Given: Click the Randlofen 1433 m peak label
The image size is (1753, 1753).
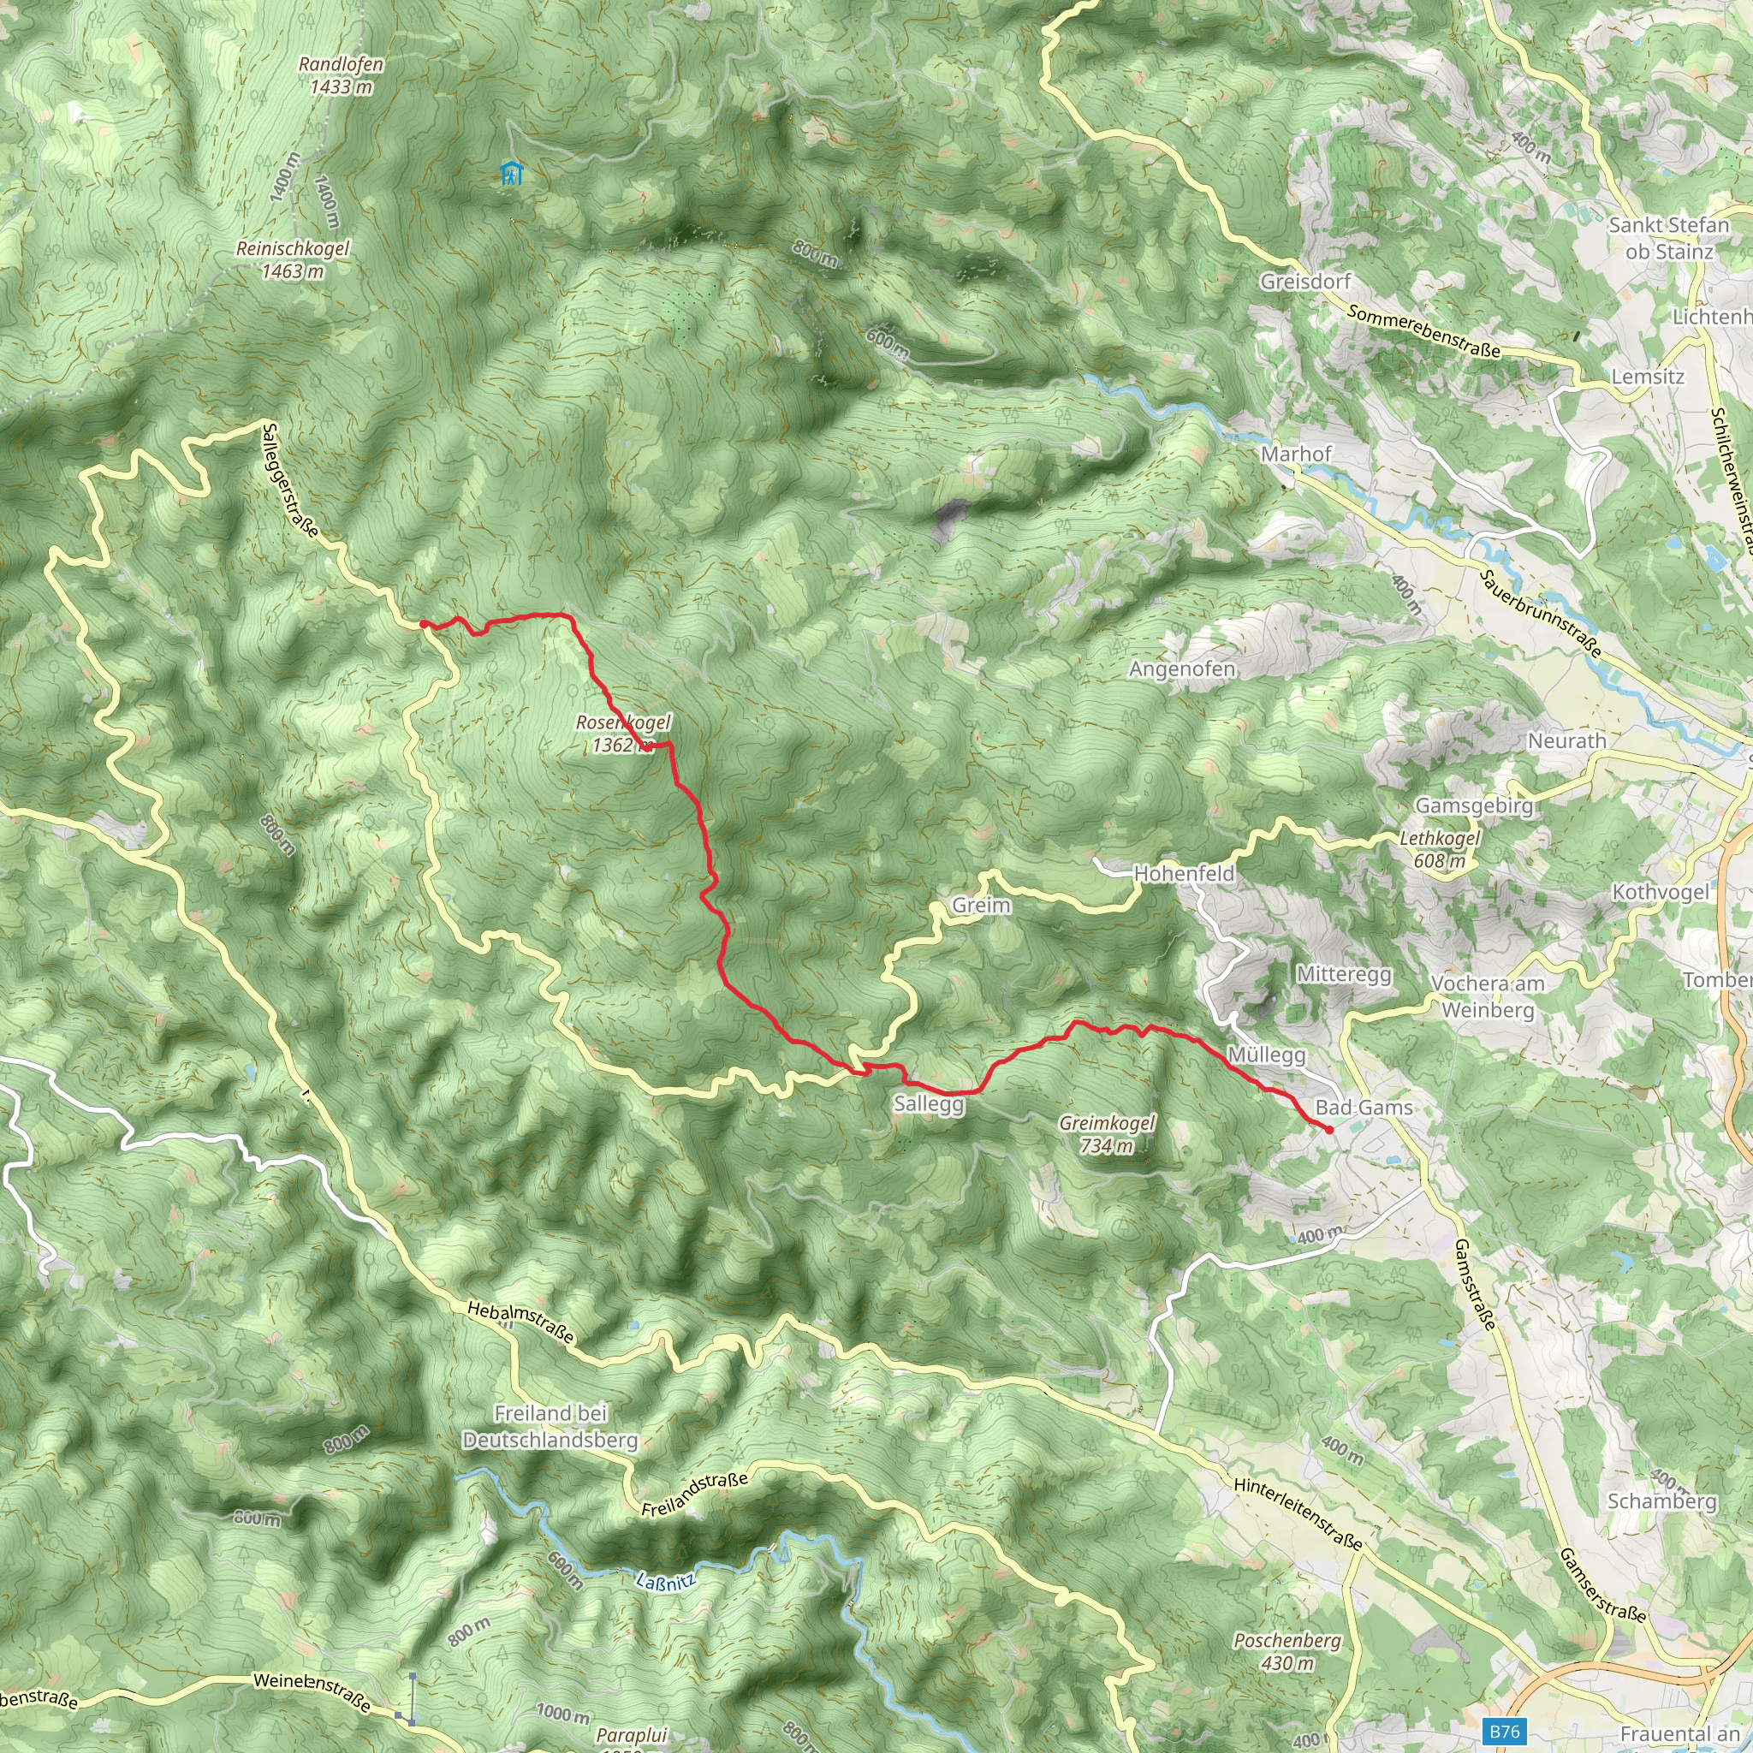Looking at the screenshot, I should pyautogui.click(x=341, y=75).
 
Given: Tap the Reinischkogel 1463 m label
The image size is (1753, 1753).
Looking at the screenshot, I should pyautogui.click(x=292, y=259).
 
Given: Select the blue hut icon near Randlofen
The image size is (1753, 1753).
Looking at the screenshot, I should pyautogui.click(x=512, y=172).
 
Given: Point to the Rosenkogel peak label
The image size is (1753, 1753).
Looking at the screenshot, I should pyautogui.click(x=623, y=734).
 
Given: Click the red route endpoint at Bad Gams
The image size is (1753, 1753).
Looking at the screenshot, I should pyautogui.click(x=1328, y=1130).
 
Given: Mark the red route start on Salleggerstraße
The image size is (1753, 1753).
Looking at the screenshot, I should pyautogui.click(x=424, y=624).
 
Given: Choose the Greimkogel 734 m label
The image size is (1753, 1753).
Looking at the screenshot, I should pyautogui.click(x=1107, y=1134).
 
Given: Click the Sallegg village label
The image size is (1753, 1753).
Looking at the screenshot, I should pyautogui.click(x=928, y=1103).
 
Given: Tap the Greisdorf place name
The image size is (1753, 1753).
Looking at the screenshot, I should pyautogui.click(x=1305, y=282).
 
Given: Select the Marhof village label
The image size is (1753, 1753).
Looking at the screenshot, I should pyautogui.click(x=1296, y=454).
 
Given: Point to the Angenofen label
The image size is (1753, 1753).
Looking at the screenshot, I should pyautogui.click(x=1181, y=669).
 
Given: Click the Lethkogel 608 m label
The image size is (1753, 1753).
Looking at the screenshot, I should pyautogui.click(x=1439, y=849).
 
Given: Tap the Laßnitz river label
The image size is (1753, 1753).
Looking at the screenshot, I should pyautogui.click(x=665, y=1582).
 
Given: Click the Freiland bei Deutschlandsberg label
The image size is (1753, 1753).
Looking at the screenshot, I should pyautogui.click(x=550, y=1426).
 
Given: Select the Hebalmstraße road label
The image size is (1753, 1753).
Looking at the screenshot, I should pyautogui.click(x=520, y=1322).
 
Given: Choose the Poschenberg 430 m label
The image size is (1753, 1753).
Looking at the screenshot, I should pyautogui.click(x=1287, y=1651).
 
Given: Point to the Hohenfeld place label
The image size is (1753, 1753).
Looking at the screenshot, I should pyautogui.click(x=1184, y=873).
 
